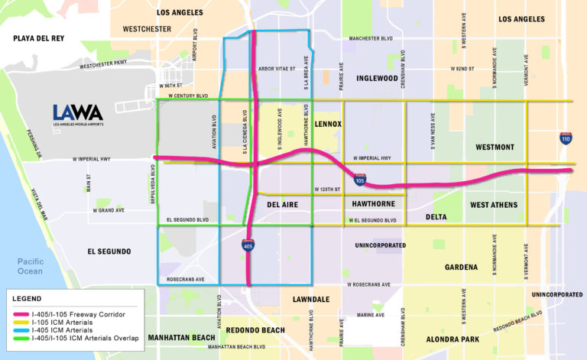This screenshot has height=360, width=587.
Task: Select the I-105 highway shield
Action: (360, 179)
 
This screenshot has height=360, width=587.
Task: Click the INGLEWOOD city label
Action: (377, 78)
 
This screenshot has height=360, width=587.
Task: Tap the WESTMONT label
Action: (496, 146)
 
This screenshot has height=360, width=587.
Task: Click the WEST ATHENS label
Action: (494, 205)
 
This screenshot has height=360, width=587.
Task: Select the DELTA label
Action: (436, 217)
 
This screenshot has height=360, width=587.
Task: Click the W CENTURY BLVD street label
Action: (183, 96)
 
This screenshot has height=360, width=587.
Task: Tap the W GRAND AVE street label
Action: (110, 209)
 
